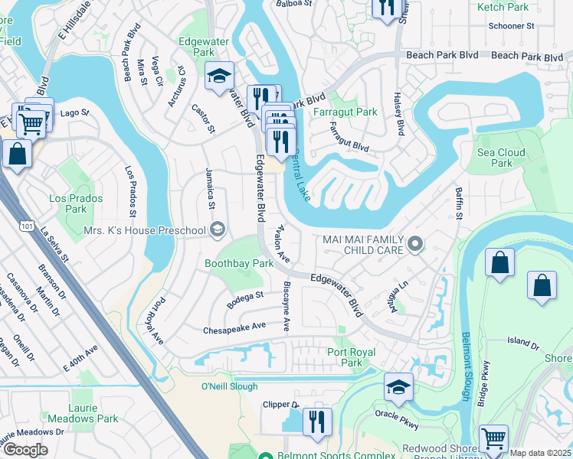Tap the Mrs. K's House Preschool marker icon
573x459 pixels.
tap(218, 230)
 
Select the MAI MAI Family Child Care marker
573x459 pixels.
tap(415, 244)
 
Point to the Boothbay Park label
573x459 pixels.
tap(239, 263)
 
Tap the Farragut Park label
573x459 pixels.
tap(345, 112)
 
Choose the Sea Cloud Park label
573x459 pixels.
tap(501, 158)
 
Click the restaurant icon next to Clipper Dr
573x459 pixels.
tap(317, 422)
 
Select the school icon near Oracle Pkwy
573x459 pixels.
tap(398, 388)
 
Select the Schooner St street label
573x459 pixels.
tap(510, 26)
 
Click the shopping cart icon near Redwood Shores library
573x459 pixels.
tap(493, 439)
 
